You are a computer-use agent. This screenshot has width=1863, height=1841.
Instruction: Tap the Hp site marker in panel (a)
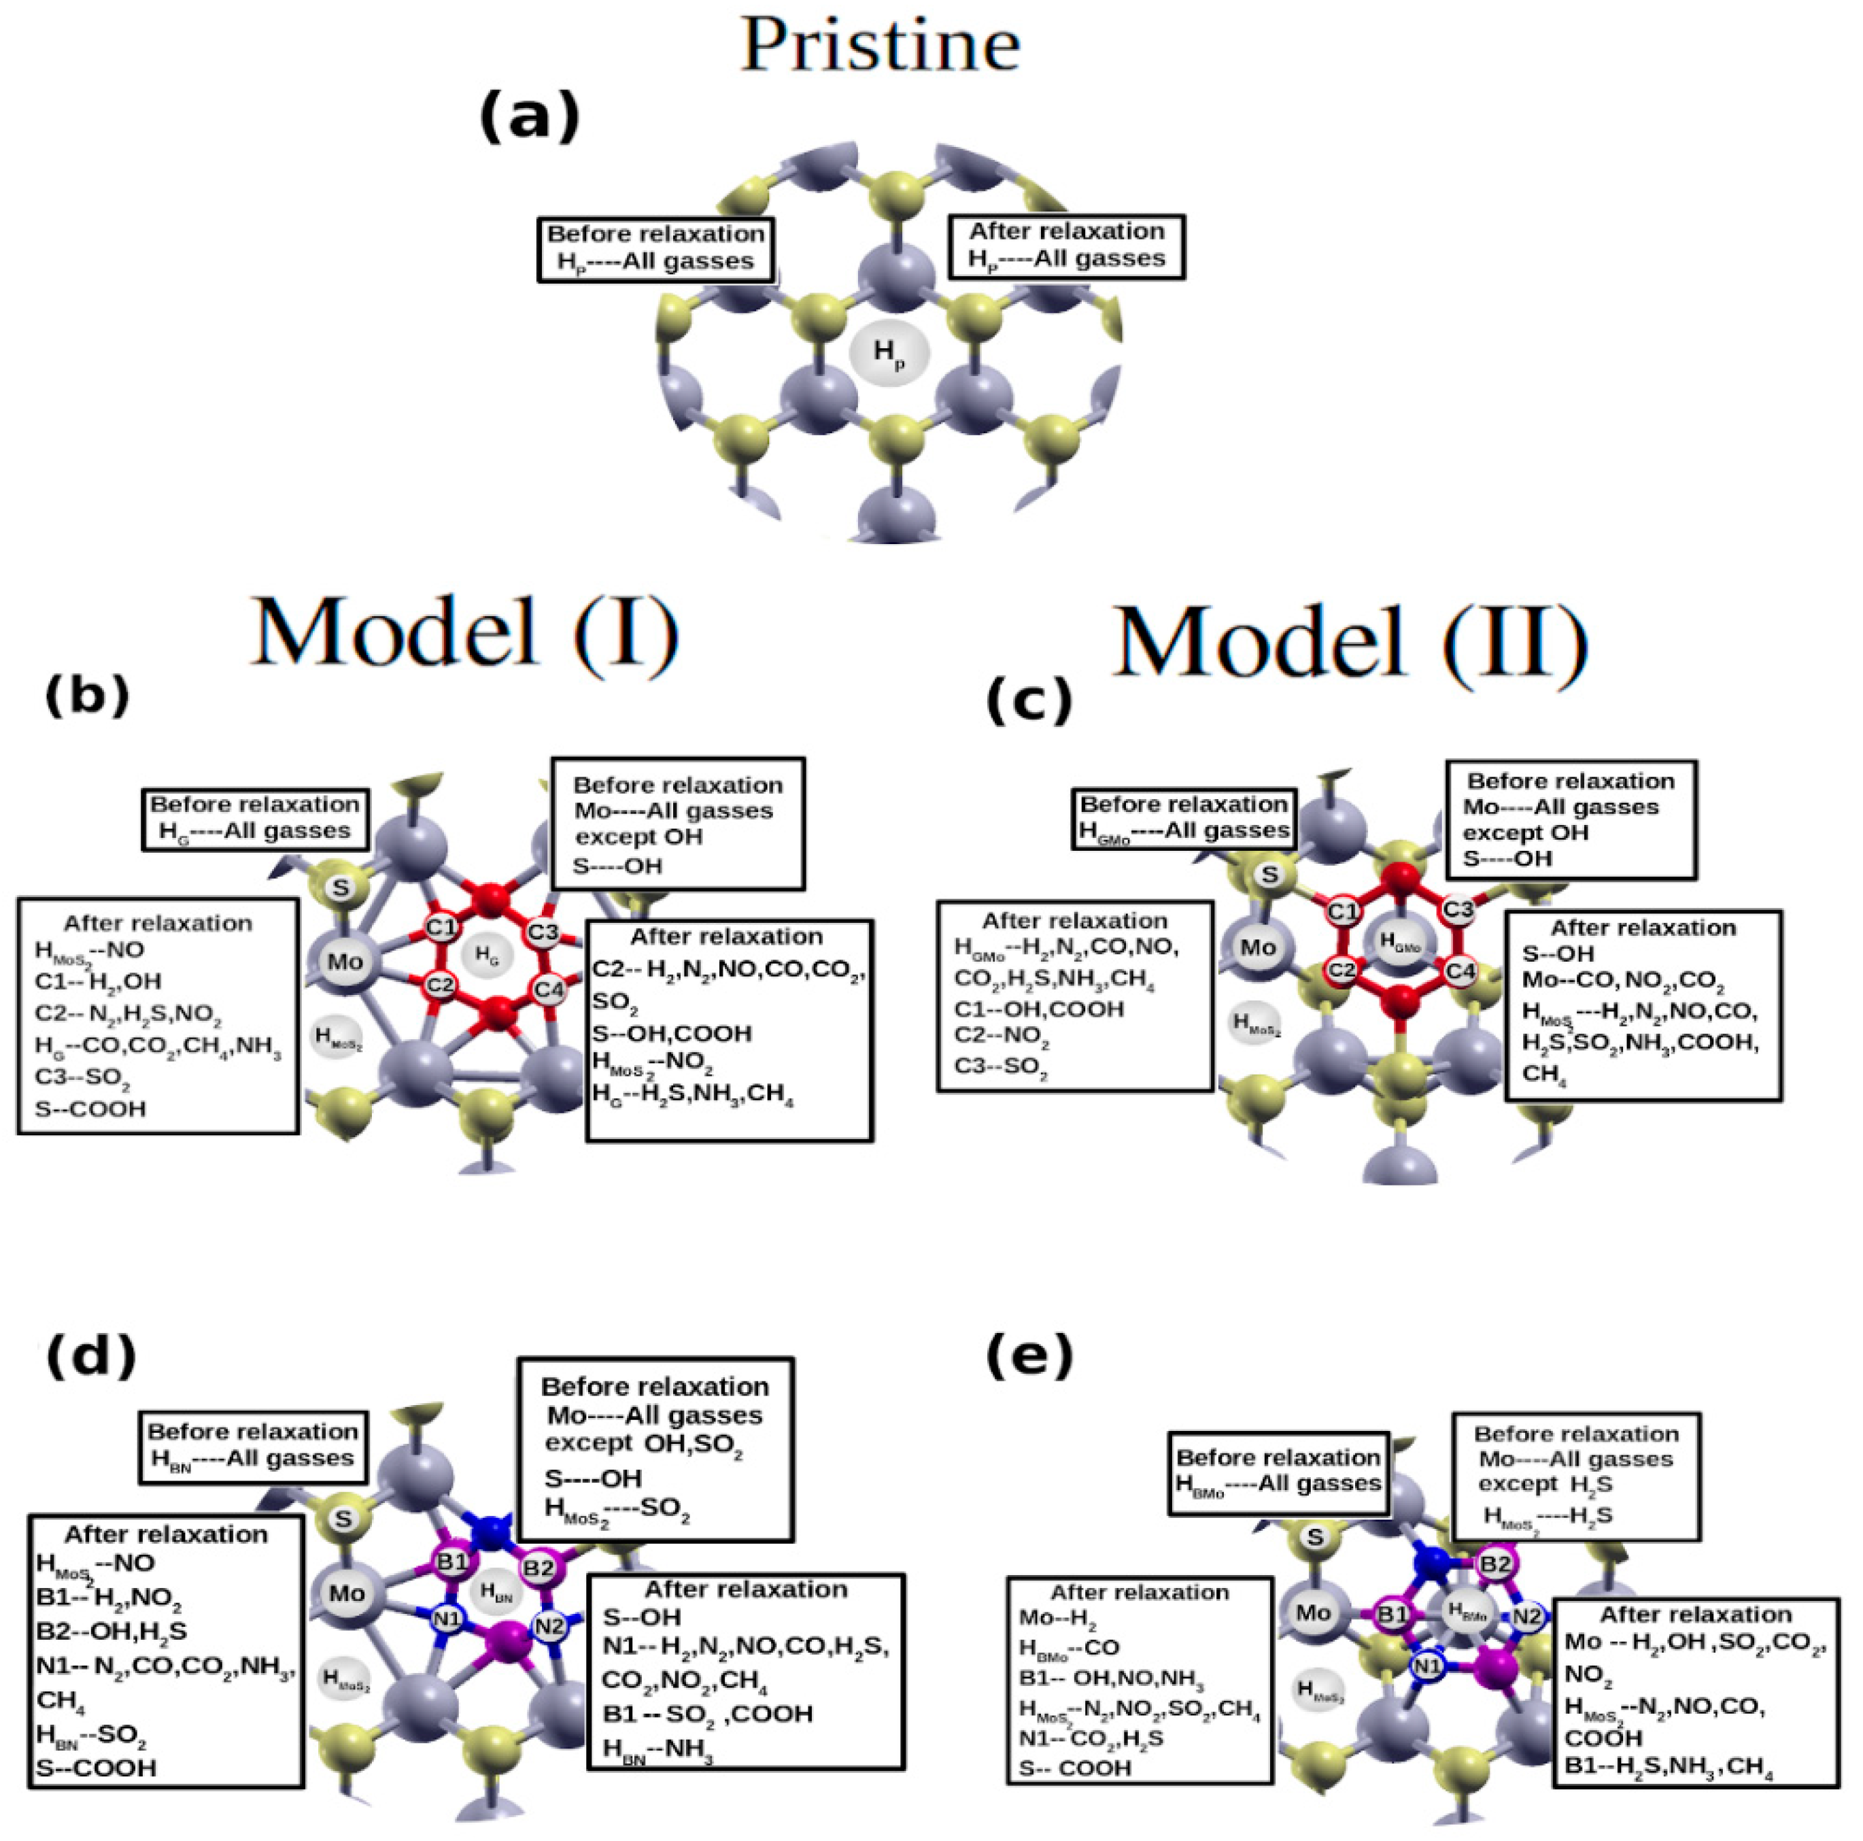coord(889,354)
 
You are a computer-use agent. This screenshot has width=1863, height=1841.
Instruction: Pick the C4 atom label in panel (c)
coord(1460,971)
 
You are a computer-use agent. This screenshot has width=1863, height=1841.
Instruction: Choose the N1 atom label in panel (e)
coord(1427,1666)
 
